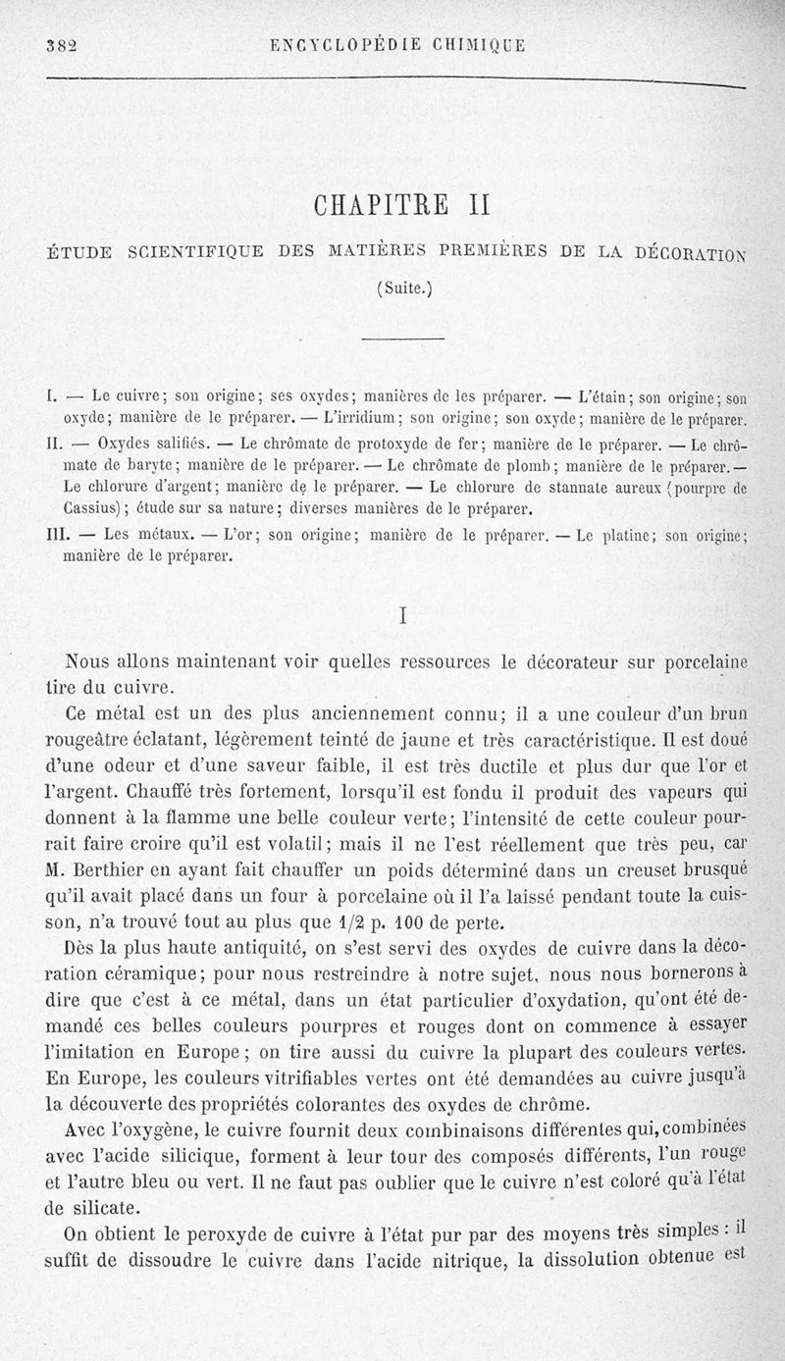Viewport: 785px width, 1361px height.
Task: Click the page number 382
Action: pyautogui.click(x=62, y=43)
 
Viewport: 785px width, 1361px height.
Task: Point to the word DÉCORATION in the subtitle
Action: pyautogui.click(x=692, y=251)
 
